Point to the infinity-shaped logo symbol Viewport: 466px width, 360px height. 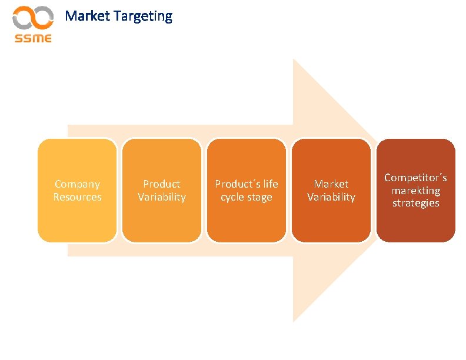pyautogui.click(x=34, y=18)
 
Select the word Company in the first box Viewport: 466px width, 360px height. pyautogui.click(x=77, y=184)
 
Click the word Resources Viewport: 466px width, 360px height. pyautogui.click(x=77, y=197)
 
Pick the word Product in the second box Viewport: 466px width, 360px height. pyautogui.click(x=162, y=184)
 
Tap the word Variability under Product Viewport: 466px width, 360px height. pyautogui.click(x=162, y=197)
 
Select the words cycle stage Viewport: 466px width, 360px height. pyautogui.click(x=247, y=197)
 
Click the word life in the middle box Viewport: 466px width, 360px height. pyautogui.click(x=269, y=184)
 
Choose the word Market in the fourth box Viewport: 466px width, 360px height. pyautogui.click(x=331, y=184)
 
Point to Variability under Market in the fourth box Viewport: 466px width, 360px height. pyautogui.click(x=331, y=197)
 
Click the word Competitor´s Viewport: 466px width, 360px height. pyautogui.click(x=416, y=178)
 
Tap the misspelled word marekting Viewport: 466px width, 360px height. pyautogui.click(x=416, y=191)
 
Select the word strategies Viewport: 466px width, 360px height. pyautogui.click(x=416, y=203)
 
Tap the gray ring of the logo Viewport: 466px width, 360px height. pyautogui.click(x=24, y=18)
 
